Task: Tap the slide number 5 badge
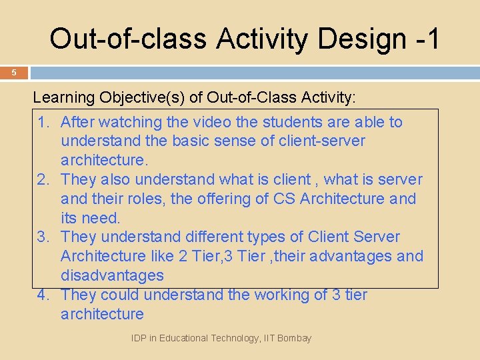(x=13, y=73)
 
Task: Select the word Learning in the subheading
(x=64, y=98)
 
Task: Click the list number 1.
(x=44, y=122)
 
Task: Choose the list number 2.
(x=44, y=179)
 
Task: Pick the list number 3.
(x=44, y=237)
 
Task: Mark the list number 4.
(x=44, y=295)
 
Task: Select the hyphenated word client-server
(x=310, y=141)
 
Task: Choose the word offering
(x=219, y=199)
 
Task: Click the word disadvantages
(x=112, y=275)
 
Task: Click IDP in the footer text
(x=140, y=338)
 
